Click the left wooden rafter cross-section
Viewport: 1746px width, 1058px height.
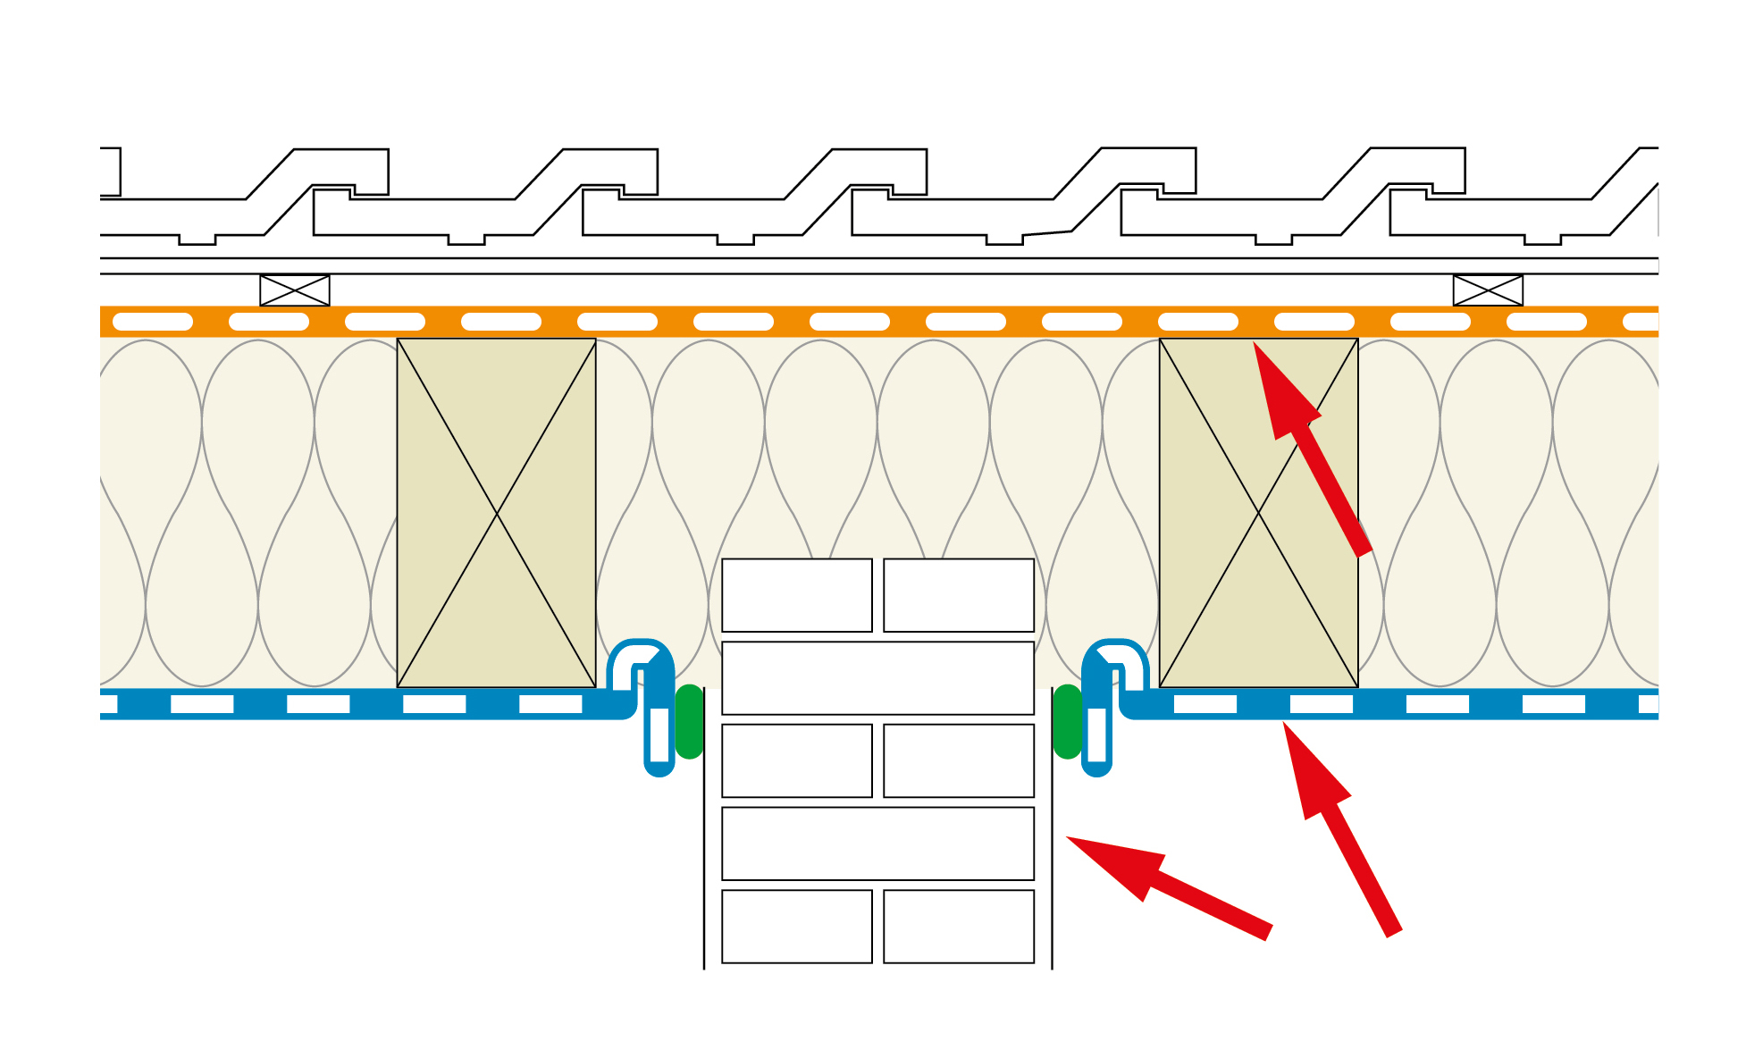pos(496,512)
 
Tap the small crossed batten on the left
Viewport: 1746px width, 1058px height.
pos(295,290)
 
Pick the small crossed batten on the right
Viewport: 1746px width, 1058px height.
pos(1488,290)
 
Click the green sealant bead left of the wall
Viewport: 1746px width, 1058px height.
pos(689,722)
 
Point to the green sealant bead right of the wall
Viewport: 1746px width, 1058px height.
pos(1068,722)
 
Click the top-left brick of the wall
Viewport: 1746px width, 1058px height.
pos(796,595)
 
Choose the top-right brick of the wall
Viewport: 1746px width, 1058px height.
pos(959,595)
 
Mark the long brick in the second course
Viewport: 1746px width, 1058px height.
pos(877,677)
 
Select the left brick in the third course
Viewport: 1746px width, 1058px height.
pos(796,760)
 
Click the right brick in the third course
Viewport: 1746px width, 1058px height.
pos(959,760)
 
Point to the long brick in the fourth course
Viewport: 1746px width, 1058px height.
pos(877,844)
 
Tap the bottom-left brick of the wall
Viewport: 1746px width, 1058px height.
pos(796,927)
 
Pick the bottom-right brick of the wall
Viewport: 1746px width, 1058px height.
pos(959,927)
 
